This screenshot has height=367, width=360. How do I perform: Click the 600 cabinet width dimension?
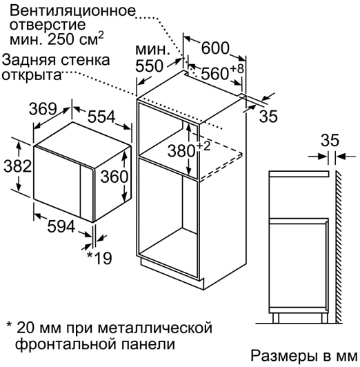coord(215,48)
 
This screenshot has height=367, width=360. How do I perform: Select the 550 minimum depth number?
coord(149,66)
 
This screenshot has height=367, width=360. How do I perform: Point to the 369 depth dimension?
coord(43,109)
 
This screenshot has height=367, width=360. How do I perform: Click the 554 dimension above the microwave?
coord(101,117)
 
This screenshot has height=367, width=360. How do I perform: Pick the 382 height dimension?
coord(17,166)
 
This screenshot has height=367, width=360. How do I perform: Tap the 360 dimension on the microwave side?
coord(114,177)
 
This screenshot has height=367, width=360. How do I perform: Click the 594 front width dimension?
coord(61,226)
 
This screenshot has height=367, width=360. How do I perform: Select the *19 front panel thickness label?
coord(99,258)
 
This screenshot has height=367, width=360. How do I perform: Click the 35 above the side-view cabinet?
coord(330,140)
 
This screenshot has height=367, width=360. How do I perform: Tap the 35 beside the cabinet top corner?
coord(268,116)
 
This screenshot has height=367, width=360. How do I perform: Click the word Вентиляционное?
coord(72,11)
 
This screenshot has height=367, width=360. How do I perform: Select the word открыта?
coord(32,75)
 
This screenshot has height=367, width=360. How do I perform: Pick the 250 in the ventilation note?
coord(61,39)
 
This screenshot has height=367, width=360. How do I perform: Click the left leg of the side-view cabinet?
coord(276,318)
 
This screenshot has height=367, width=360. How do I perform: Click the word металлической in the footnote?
coord(155,328)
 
